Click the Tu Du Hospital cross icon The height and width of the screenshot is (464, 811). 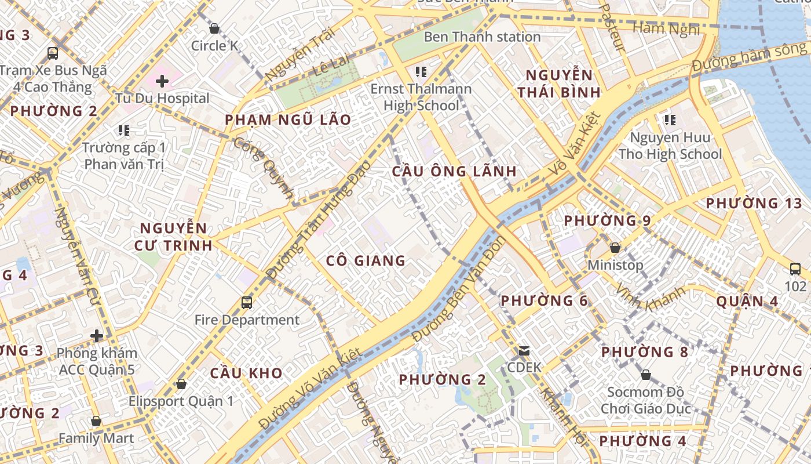click(x=162, y=81)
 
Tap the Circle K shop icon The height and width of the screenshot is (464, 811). click(x=214, y=28)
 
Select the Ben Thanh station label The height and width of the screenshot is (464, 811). click(x=482, y=37)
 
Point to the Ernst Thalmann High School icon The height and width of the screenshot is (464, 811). click(x=421, y=72)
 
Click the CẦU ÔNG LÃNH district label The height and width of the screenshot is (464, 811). click(x=454, y=171)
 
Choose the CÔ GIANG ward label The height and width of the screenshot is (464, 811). click(x=366, y=260)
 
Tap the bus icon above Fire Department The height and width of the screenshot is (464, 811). click(x=247, y=302)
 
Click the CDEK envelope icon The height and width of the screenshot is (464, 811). click(x=524, y=350)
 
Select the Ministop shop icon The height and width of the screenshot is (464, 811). click(x=615, y=248)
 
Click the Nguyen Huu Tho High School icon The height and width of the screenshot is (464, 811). click(x=670, y=120)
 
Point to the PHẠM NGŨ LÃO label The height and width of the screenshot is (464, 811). click(x=288, y=120)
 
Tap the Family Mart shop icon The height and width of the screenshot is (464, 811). click(x=96, y=421)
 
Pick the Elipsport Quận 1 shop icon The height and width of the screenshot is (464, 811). click(x=181, y=384)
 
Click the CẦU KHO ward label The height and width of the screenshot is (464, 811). click(x=246, y=373)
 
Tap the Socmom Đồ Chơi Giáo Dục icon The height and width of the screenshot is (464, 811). click(x=646, y=375)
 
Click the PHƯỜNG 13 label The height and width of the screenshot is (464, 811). click(x=754, y=204)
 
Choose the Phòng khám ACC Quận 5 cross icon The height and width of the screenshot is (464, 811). click(x=97, y=336)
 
